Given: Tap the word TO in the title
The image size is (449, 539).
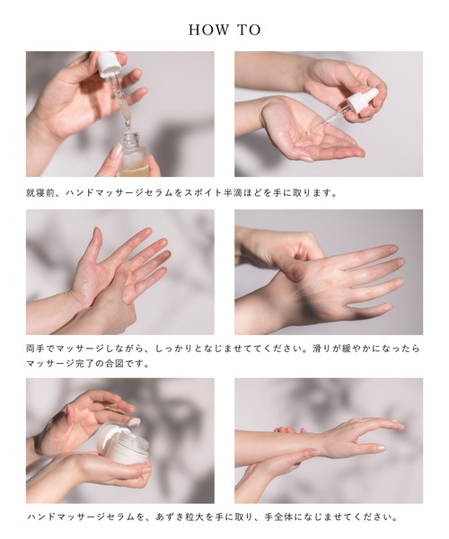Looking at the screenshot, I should point(249,30).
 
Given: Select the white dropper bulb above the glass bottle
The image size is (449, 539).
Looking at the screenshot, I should point(110,64).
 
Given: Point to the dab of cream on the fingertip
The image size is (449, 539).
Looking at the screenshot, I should point(134,421).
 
